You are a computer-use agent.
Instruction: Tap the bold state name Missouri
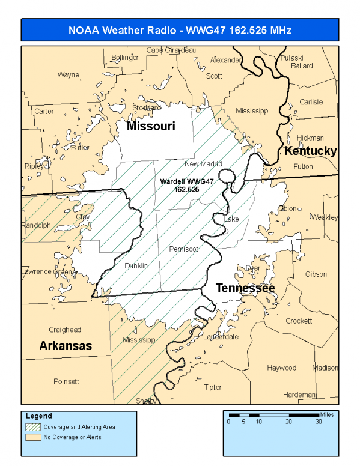point(150,127)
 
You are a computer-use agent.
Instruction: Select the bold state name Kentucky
point(310,151)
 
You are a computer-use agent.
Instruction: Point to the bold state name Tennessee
point(245,288)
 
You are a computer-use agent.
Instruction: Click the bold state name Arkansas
point(66,346)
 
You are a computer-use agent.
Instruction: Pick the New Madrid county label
point(203,164)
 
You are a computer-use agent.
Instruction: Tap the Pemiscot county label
point(183,249)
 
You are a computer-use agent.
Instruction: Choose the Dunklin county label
point(136,265)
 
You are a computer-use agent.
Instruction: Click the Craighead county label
point(65,330)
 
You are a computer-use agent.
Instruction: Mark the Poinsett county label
point(66,381)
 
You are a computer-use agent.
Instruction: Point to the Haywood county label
point(282,368)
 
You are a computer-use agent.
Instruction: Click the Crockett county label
point(299,321)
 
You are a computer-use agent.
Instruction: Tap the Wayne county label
point(68,75)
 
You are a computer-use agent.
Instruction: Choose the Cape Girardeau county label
point(171,50)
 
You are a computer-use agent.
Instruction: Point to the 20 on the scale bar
point(289,422)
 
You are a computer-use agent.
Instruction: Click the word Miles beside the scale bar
point(326,414)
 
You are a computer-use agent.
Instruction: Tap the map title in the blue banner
point(180,29)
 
